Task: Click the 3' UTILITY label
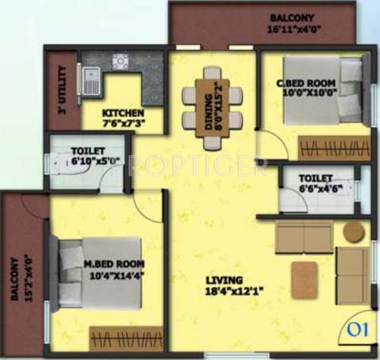(62, 92)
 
